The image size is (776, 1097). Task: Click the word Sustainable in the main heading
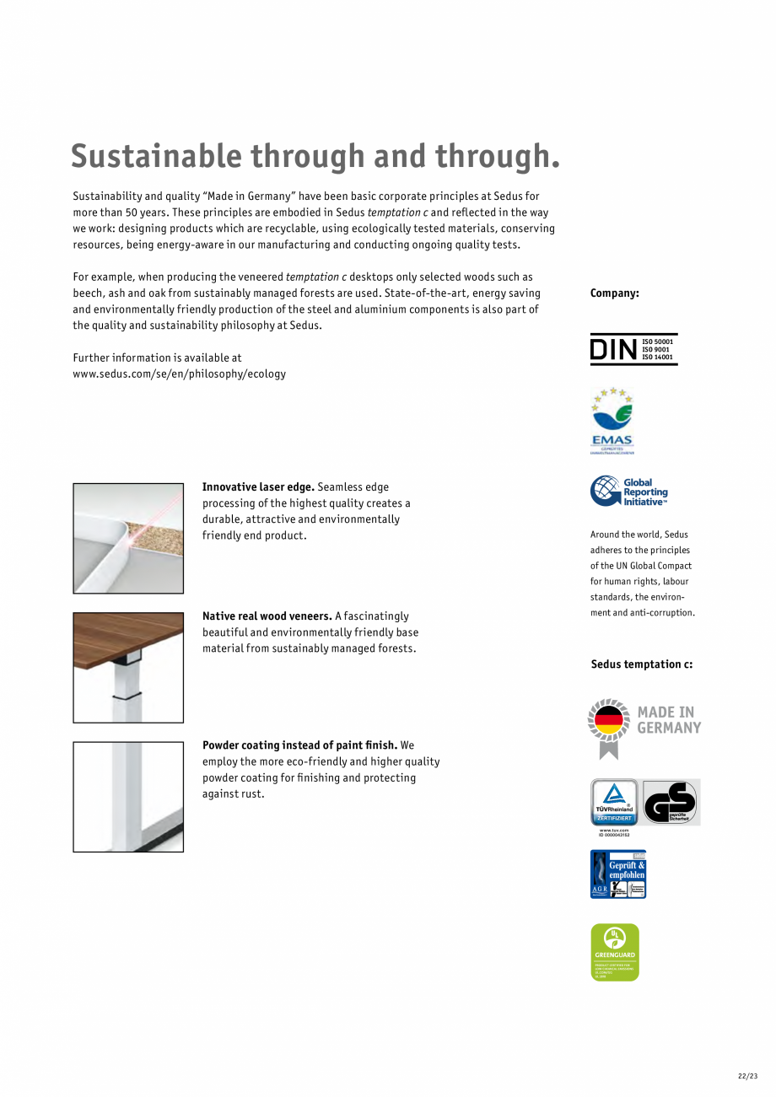(155, 157)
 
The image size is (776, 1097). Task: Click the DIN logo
(633, 349)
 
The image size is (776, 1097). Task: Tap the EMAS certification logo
(612, 420)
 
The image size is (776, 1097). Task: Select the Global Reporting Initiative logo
(629, 491)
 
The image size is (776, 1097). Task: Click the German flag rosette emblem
(609, 727)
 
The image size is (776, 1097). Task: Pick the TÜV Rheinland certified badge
(614, 802)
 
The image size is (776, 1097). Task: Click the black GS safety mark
(671, 802)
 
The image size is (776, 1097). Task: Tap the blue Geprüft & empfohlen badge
(618, 874)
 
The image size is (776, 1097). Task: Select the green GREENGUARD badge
(615, 952)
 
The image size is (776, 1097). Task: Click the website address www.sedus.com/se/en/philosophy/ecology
(180, 374)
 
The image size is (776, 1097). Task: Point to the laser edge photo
(128, 538)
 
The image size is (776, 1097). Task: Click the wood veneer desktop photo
(128, 667)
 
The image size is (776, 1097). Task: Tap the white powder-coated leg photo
(128, 797)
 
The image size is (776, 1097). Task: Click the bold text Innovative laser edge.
(258, 487)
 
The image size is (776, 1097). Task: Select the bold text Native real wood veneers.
(267, 616)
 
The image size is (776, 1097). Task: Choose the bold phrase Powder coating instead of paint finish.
(299, 745)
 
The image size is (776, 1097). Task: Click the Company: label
(615, 293)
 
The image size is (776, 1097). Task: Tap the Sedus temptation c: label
(642, 664)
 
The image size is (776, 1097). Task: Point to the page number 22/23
(748, 1076)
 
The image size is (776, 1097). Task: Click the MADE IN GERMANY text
(669, 719)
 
